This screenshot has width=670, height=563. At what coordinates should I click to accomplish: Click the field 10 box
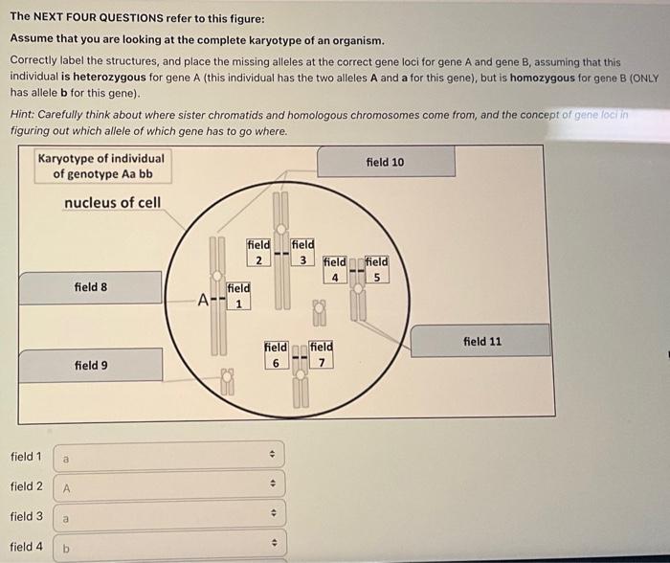(x=385, y=162)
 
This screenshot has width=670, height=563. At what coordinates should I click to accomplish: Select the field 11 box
(x=481, y=341)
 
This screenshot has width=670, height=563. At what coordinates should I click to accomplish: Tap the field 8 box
(x=91, y=287)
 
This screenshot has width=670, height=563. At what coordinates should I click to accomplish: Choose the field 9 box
(x=91, y=365)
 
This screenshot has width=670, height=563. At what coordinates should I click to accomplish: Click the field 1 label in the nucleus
(x=238, y=295)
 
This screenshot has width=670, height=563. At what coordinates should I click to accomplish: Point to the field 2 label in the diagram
(x=258, y=252)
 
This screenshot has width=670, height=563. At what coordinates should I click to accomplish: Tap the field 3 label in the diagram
(x=302, y=252)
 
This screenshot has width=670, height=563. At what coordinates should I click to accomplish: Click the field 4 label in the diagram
(x=335, y=269)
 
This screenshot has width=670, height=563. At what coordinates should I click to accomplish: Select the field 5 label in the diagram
(x=376, y=269)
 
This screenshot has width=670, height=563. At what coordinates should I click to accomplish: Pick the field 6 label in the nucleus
(x=275, y=353)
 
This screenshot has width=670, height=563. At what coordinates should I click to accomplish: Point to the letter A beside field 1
(x=203, y=299)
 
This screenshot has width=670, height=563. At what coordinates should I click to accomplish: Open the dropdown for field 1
(x=168, y=459)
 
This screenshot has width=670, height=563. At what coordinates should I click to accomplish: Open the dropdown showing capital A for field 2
(x=168, y=487)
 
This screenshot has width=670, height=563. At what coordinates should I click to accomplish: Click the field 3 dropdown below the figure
(x=168, y=517)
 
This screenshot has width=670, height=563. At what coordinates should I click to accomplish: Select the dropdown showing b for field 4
(x=168, y=547)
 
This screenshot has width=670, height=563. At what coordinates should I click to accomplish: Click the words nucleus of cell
(x=112, y=202)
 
